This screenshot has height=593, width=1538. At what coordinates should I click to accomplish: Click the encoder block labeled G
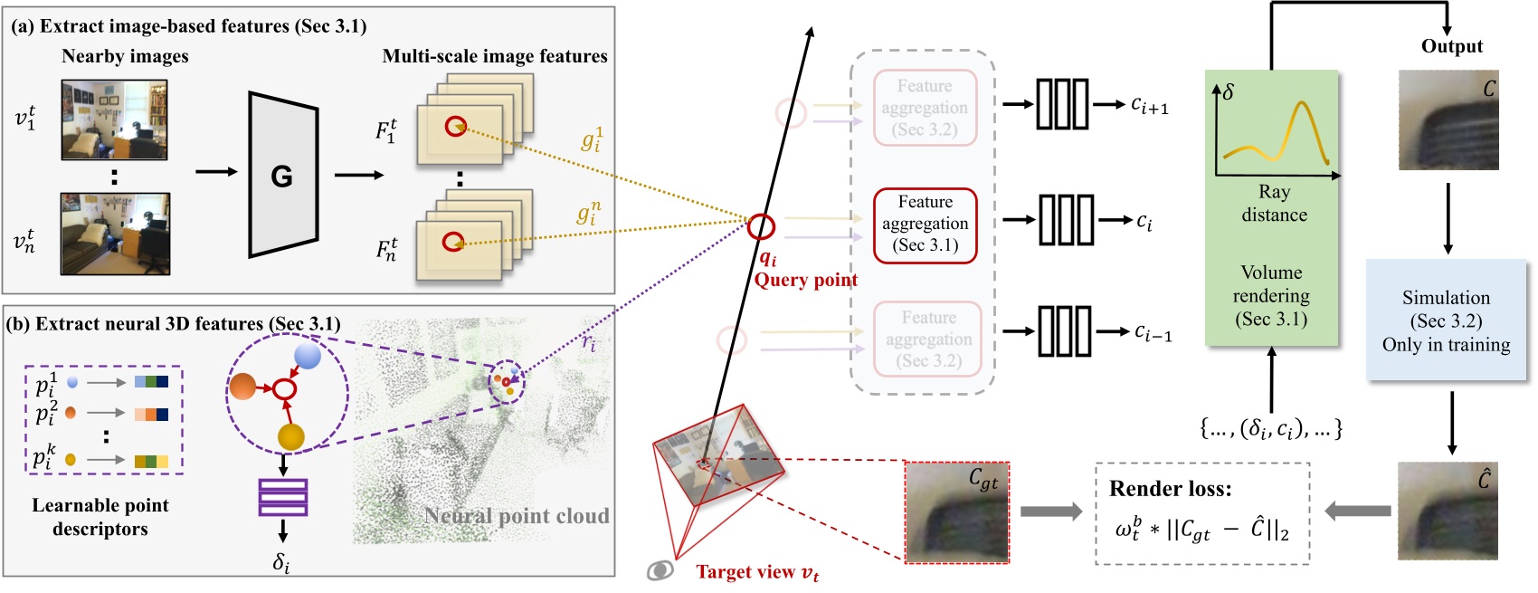click(283, 175)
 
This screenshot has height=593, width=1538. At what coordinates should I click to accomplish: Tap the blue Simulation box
click(1446, 320)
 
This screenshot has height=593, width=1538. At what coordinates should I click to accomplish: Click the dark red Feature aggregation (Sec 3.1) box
click(925, 225)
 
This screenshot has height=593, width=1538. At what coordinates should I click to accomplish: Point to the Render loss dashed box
click(1202, 513)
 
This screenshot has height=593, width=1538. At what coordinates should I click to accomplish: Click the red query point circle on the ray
click(761, 225)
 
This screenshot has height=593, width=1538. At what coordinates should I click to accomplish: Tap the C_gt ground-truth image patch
click(957, 512)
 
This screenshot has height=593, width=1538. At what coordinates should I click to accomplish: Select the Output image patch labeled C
click(1448, 120)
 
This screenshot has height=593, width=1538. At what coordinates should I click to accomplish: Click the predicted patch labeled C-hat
click(1448, 512)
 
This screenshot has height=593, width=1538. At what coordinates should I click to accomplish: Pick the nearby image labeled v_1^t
click(114, 120)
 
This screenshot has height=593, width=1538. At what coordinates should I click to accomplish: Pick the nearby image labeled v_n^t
click(114, 234)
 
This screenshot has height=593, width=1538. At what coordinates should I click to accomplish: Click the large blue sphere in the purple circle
click(308, 355)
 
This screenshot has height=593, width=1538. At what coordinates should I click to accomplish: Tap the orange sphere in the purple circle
click(242, 387)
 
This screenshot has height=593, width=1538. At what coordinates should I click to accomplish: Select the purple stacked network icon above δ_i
click(283, 497)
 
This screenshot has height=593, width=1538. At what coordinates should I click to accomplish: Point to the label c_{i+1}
click(1150, 105)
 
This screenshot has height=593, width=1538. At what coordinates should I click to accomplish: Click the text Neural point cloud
click(517, 516)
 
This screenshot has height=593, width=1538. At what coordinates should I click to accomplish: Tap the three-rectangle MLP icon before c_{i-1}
click(1064, 331)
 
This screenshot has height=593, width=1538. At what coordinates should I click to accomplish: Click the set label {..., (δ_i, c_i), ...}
click(1271, 428)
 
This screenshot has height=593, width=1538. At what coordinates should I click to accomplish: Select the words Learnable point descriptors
click(100, 517)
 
